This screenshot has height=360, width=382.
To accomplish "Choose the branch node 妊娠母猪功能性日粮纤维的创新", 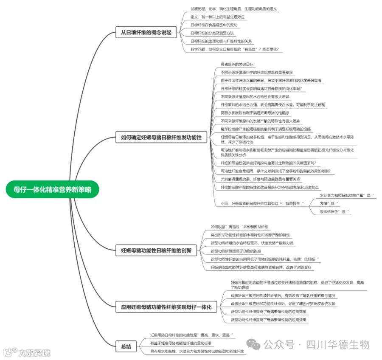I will (156, 250).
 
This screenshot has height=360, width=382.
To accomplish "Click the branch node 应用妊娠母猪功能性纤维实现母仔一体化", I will (166, 307).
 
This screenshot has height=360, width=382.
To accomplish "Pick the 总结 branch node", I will (126, 347).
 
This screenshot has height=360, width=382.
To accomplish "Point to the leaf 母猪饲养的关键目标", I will (237, 65).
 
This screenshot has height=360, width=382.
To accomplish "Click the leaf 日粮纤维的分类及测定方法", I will (212, 33).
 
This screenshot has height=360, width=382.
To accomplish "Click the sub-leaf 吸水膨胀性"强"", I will (334, 211).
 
